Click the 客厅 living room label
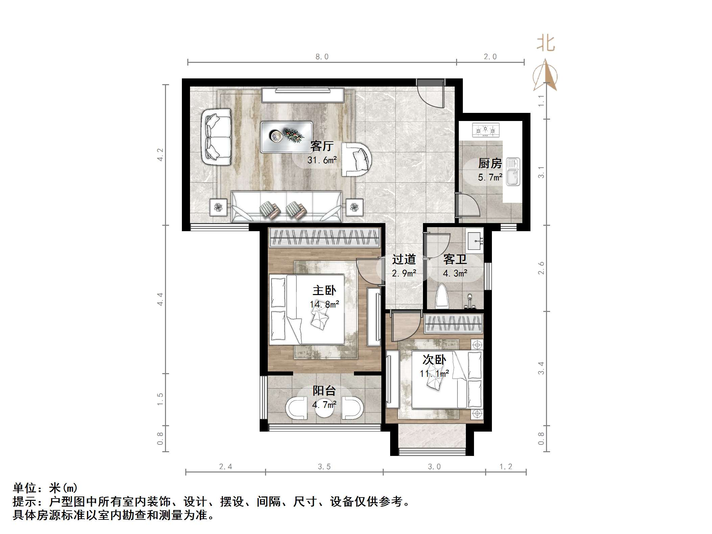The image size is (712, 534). coord(322,146)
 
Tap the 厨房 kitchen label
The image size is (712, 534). coord(490,164)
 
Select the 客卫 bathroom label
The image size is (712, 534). coord(455,259)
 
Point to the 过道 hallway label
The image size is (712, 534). coord(404,259)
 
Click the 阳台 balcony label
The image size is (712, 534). coord(324,391)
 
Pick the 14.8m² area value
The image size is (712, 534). coord(324,305)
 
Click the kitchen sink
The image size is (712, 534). coord(513,172)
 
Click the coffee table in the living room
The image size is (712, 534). coord(286,137)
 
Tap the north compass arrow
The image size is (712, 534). coord(545,75)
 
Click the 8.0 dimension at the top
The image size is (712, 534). coord(322,57)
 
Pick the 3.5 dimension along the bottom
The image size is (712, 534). coord(324,467)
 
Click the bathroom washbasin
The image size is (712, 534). coord(475,241)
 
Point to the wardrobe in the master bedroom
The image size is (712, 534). coord(324,237)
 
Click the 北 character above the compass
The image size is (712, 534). coord(546,44)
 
